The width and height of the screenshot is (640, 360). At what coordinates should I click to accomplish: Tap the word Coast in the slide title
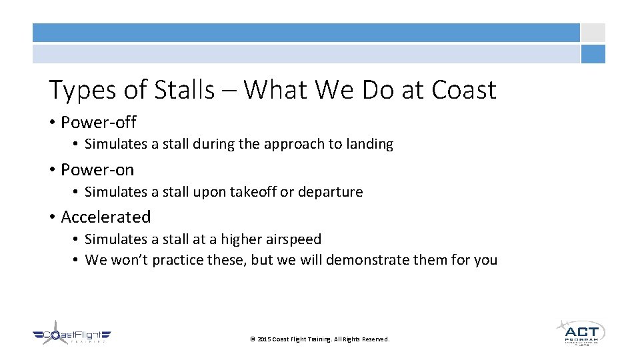point(464,90)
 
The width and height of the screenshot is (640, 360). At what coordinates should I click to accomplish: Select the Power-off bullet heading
point(98,123)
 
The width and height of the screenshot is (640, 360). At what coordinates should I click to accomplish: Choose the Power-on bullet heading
point(97,170)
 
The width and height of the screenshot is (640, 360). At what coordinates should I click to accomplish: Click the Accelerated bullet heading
point(105,217)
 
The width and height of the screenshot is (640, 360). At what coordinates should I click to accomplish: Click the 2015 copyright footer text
point(319,339)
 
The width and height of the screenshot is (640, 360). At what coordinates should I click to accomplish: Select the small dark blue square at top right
point(593,54)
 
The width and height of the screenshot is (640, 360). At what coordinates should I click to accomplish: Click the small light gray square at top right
point(593,33)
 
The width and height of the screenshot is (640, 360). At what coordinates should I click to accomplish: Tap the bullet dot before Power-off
point(52,123)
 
